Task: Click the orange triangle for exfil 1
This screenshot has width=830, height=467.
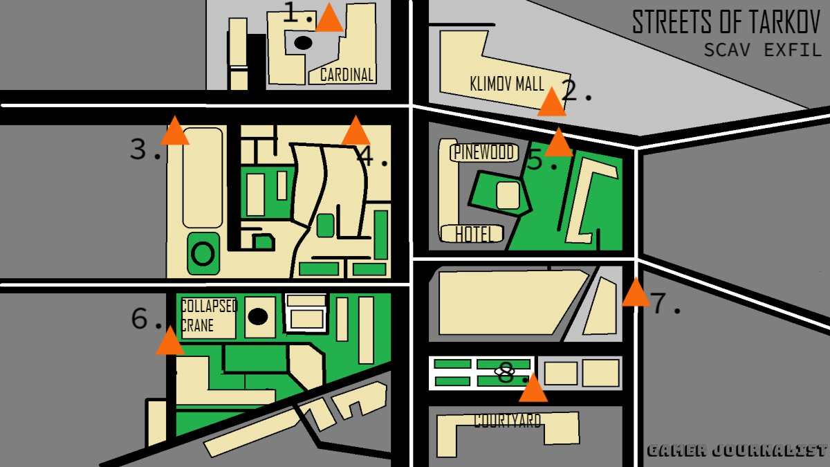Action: point(329,19)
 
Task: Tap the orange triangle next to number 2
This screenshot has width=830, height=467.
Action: point(552,103)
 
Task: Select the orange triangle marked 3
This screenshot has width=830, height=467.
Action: point(175,131)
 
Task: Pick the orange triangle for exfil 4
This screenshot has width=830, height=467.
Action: point(356,131)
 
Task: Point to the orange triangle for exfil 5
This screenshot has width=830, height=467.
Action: point(558,143)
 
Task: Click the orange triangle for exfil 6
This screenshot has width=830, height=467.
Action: point(169,342)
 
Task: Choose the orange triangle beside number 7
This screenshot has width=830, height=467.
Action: point(636,293)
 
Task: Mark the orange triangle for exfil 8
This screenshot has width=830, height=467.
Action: point(533,389)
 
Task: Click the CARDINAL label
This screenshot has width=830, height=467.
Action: point(347,75)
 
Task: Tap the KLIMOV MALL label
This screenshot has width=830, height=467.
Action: point(507,84)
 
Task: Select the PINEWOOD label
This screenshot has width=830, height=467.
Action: point(484,152)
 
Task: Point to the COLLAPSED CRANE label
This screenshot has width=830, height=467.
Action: point(208,315)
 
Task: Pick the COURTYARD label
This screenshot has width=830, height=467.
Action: point(507,421)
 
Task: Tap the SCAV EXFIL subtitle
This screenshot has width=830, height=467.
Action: point(762,50)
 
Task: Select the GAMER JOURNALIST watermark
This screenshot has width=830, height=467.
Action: point(737,451)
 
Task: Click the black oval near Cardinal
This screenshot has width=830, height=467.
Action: point(303,43)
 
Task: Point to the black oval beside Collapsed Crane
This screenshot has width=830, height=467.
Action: point(258,317)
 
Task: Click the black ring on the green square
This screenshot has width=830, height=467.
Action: point(203,254)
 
